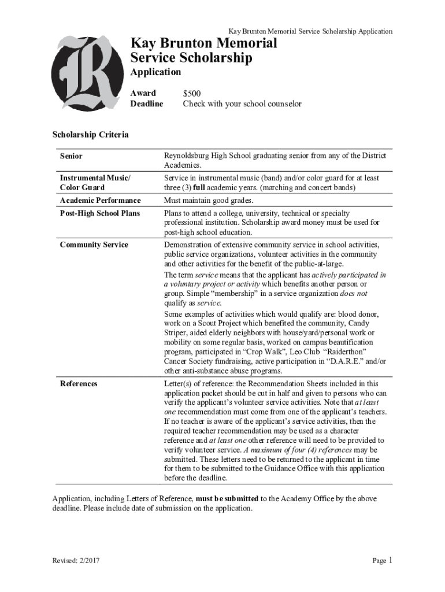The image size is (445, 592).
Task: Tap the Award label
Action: click(x=143, y=93)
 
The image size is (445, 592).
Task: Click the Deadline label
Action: click(x=147, y=104)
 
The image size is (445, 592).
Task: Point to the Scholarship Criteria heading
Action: click(x=90, y=135)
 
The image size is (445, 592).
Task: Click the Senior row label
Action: click(x=71, y=156)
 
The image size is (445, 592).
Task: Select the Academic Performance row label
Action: click(x=100, y=201)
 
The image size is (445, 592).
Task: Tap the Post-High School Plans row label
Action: click(x=99, y=213)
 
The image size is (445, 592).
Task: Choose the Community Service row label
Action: click(x=94, y=245)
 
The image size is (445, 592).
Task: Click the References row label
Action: click(x=79, y=383)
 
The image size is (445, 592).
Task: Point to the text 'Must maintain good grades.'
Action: click(x=209, y=201)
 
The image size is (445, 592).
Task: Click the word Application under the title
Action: click(x=155, y=72)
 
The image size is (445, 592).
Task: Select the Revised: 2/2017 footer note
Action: click(x=75, y=561)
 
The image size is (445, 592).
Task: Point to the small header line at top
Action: click(x=310, y=31)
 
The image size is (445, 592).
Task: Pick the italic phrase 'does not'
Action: click(x=353, y=293)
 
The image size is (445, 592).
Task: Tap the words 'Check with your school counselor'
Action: click(x=242, y=104)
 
